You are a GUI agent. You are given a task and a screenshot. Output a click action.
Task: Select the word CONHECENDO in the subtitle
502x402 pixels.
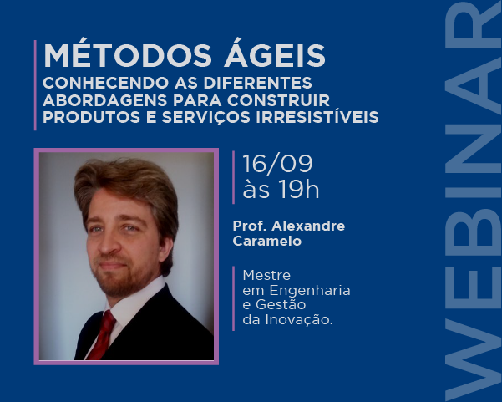tap(105, 83)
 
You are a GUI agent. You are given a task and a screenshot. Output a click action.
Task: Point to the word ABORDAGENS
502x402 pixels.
tap(105, 100)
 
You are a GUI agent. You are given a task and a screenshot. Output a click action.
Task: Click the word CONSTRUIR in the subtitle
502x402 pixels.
tap(278, 100)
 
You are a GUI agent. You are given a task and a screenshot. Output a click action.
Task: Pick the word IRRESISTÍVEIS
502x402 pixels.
tap(317, 116)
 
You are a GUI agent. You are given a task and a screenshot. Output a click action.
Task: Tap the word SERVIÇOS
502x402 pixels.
tap(205, 117)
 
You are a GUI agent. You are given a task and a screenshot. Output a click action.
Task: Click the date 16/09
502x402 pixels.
tap(277, 164)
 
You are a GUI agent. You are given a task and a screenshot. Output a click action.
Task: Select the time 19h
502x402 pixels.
tap(298, 189)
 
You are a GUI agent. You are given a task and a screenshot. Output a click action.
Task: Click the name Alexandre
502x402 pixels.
tap(308, 226)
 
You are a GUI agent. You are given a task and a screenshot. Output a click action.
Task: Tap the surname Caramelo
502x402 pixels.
tap(267, 241)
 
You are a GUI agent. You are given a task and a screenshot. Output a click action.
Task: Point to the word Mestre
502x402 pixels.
tap(266, 275)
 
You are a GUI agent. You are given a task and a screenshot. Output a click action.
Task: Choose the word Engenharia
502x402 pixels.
tap(310, 291)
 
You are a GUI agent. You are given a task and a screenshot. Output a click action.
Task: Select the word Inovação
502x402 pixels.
tap(299, 320)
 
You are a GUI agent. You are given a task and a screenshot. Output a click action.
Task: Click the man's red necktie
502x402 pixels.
tap(103, 335)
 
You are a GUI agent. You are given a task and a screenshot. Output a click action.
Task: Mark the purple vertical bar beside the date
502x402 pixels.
tap(233, 177)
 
